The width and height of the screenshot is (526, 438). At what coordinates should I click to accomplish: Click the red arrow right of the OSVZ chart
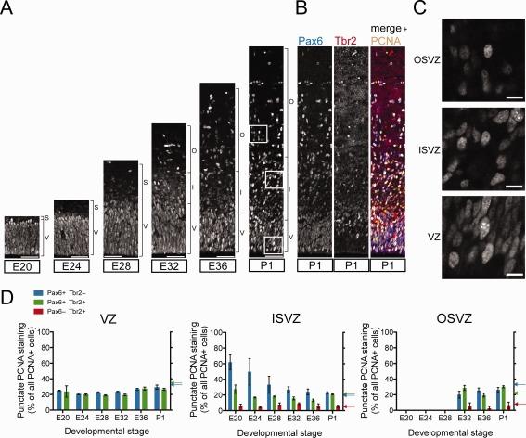[518, 404]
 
